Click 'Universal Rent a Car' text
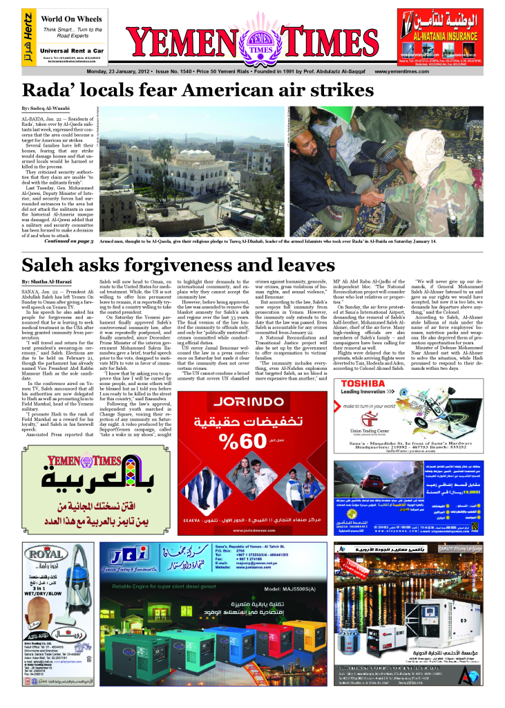pos(72,50)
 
